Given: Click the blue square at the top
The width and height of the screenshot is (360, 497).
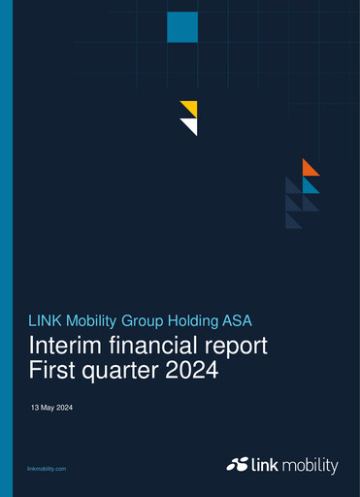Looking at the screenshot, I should click(x=181, y=27).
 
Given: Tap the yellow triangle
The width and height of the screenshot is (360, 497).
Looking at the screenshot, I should click(x=191, y=107).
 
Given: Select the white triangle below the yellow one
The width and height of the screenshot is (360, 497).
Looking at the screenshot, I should click(x=191, y=125).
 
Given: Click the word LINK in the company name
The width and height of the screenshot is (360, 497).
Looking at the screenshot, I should click(x=47, y=319).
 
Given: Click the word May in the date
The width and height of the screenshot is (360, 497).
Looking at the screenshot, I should click(x=49, y=408).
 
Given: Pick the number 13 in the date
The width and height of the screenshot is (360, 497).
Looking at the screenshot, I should click(x=36, y=408).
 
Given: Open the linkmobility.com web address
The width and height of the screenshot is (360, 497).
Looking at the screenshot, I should click(x=47, y=468).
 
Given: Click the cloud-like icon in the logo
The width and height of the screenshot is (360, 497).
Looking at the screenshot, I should click(x=239, y=465).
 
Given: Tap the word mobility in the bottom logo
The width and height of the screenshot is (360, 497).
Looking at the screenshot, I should click(x=312, y=465).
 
